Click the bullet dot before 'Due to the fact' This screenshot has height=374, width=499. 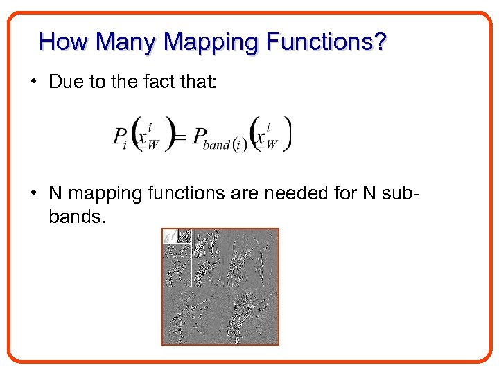[34, 82]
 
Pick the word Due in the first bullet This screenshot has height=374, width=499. [65, 82]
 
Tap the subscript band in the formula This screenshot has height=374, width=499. [216, 145]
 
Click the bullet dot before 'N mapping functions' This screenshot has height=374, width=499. [34, 192]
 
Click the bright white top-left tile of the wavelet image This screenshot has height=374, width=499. [169, 236]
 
